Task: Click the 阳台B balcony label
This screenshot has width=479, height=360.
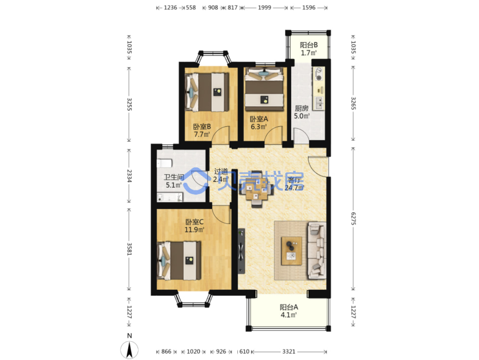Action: (308, 49)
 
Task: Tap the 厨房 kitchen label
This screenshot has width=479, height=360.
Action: (302, 112)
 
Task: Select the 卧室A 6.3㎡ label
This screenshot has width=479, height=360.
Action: (259, 123)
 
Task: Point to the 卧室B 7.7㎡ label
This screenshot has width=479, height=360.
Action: (202, 130)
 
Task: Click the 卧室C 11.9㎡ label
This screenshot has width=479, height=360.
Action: (194, 226)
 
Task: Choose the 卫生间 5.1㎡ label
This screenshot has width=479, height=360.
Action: (174, 181)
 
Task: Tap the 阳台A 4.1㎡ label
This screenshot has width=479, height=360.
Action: (288, 311)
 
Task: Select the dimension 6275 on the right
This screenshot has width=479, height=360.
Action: (353, 219)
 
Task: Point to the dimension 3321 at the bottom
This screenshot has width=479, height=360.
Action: (288, 352)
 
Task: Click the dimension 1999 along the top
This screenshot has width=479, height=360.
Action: (265, 8)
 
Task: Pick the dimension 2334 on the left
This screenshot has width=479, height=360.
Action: (129, 176)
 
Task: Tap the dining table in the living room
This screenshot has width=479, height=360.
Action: (257, 189)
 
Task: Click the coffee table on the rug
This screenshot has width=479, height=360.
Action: (291, 251)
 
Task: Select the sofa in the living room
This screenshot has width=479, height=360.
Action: (317, 250)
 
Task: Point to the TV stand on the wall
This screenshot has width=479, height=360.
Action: (241, 251)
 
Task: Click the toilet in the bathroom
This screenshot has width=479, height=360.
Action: (164, 163)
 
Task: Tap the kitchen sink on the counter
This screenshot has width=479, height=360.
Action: (319, 103)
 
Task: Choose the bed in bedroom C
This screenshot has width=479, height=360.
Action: (179, 261)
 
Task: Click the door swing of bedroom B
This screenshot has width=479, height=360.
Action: (221, 135)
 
